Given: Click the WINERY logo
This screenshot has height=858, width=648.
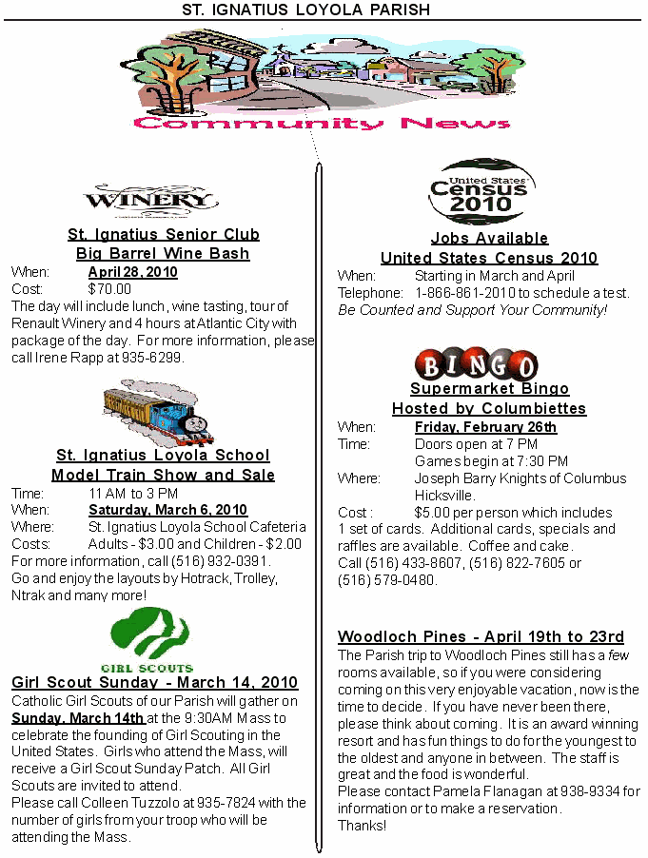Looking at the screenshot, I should (150, 200).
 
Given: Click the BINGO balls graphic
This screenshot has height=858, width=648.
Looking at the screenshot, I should (477, 364).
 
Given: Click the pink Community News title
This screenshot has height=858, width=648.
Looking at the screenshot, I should (323, 123).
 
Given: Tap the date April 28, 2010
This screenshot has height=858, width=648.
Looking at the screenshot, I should (132, 272).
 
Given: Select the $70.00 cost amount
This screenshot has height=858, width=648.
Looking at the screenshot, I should (109, 289).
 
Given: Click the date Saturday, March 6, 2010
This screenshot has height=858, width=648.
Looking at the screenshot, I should (167, 510).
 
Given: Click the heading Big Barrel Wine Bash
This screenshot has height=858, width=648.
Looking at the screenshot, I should (163, 254).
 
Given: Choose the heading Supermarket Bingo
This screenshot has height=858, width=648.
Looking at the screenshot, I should (489, 389).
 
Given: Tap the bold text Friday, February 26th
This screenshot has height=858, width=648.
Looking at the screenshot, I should (485, 427).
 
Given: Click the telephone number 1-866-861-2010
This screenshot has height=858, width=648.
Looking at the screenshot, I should (463, 293).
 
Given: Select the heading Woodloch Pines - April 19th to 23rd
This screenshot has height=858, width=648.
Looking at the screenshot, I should (481, 637).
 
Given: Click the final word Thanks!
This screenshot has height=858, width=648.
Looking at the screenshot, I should (363, 825).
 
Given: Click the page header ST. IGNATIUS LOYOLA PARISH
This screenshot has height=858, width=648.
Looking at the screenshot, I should (306, 10).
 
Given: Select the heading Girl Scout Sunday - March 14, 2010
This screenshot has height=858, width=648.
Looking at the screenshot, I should (154, 683).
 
